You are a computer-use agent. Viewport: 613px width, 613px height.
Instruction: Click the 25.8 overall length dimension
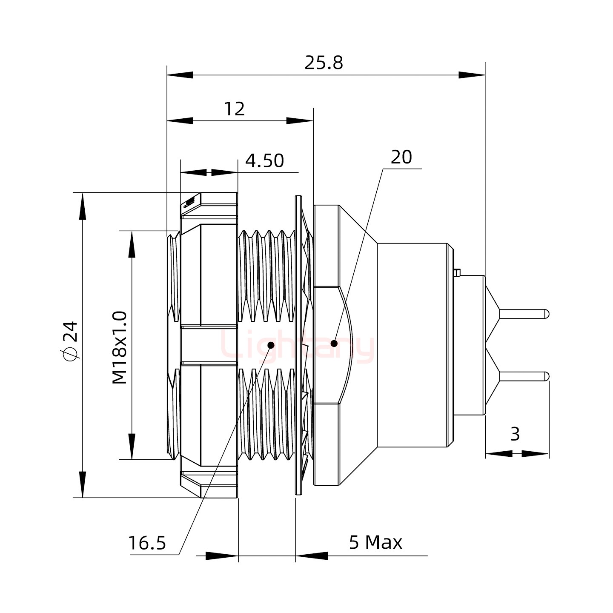coord(324,63)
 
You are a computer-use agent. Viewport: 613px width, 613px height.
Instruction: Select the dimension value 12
coord(234,109)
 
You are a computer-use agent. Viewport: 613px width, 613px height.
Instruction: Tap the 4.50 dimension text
coord(265,161)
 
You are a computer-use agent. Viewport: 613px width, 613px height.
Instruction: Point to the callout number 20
coord(401,158)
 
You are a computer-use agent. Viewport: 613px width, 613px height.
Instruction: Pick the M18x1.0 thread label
coord(120,347)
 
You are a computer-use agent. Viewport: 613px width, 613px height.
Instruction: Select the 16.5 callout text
coord(147,543)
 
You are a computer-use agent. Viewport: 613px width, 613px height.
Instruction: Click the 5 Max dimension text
coord(375,542)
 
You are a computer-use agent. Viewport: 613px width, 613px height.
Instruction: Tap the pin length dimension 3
coord(515,435)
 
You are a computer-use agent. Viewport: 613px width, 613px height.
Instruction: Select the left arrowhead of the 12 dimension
coord(180,121)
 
